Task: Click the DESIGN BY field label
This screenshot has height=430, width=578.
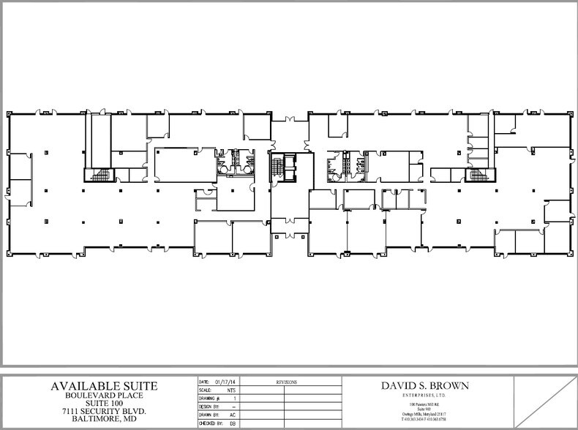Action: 209,406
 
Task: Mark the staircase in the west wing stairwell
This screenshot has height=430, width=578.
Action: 100,176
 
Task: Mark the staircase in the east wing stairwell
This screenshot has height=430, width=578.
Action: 478,176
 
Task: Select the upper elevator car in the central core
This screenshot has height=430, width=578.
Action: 290,161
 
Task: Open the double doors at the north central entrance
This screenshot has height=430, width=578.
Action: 289,117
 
